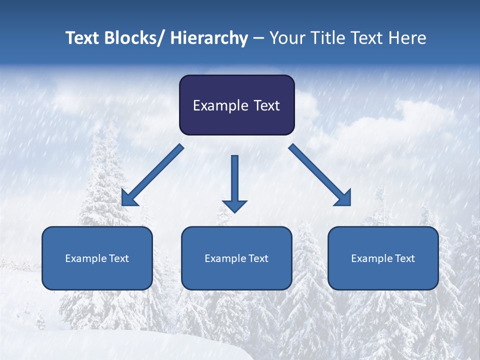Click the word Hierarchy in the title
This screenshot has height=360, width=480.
point(209,38)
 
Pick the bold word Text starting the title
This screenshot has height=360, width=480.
point(83,38)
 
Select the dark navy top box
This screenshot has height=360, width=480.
point(236,105)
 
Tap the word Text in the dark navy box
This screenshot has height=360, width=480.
point(266,105)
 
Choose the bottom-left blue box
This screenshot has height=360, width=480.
point(97,258)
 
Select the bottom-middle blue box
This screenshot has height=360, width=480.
point(236,258)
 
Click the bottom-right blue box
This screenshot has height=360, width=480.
point(383,258)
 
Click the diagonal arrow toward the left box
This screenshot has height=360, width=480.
point(152,175)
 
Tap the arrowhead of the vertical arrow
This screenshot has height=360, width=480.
point(234,205)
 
